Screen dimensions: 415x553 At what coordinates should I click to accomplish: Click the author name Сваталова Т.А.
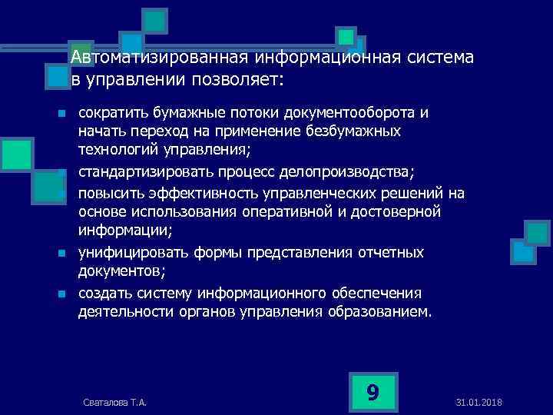[x=114, y=403]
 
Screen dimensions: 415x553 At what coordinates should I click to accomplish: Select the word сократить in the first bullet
[x=114, y=113]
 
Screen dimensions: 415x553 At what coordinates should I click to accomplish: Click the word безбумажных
[x=353, y=132]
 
